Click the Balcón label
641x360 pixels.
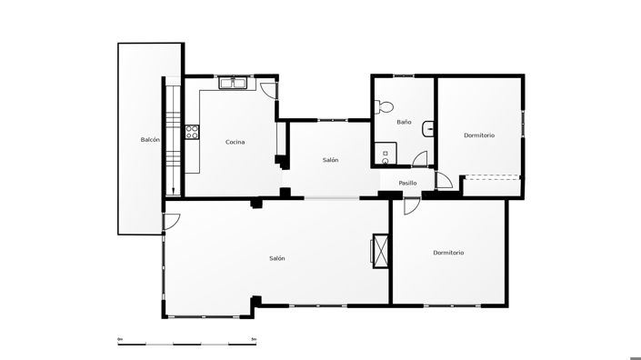[151, 140]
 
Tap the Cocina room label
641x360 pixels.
[235, 141]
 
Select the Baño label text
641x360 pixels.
[405, 122]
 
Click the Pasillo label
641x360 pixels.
[407, 183]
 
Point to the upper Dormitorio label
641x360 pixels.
[479, 135]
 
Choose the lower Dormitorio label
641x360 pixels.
[448, 253]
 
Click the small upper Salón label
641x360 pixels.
[330, 160]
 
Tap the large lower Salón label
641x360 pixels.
[277, 258]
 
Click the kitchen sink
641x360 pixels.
[235, 84]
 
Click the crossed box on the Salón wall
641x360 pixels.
[380, 250]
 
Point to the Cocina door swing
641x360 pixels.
[268, 91]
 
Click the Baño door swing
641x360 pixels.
[420, 159]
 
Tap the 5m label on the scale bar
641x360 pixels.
[254, 339]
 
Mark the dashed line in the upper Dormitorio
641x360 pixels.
[492, 177]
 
